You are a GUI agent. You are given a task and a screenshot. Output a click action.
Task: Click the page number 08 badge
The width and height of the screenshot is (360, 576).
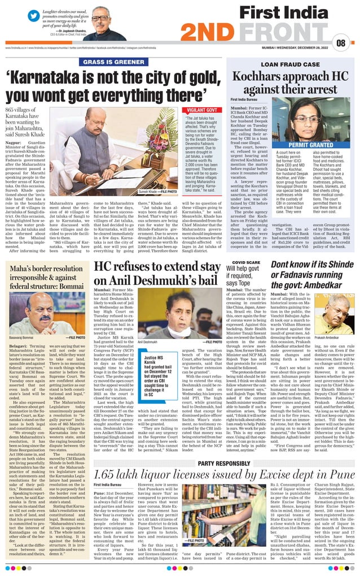pos(341,43)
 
